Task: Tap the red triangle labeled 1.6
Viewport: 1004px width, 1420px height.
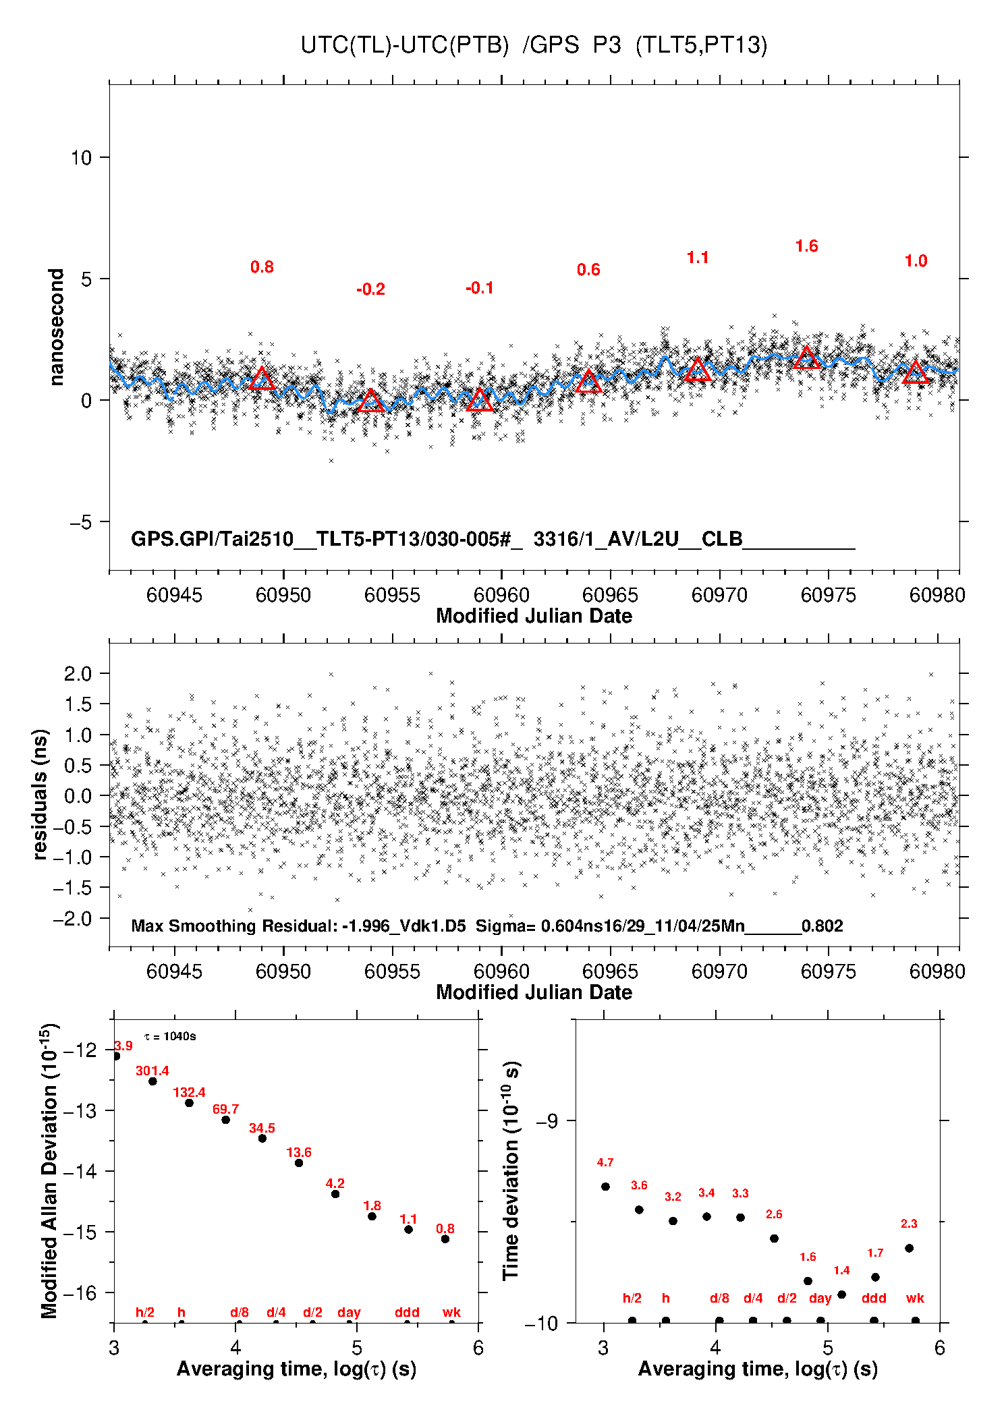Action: tap(807, 358)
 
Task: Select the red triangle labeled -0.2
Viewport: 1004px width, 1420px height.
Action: tap(370, 401)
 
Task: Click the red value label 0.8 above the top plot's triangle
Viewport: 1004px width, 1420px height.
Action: tap(262, 267)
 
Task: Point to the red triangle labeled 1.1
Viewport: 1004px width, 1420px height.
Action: tap(698, 370)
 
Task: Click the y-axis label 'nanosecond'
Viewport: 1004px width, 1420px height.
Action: tap(57, 327)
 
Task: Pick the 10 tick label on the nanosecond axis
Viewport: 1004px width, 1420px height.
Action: tap(81, 158)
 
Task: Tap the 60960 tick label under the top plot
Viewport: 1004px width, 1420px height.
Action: tap(501, 595)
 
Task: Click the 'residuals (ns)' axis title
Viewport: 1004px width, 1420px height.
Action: tap(40, 795)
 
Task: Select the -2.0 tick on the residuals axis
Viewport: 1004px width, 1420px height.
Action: tap(77, 919)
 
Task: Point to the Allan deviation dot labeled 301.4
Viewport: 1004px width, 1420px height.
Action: tap(152, 1081)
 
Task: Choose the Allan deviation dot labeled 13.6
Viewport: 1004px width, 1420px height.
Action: tap(299, 1163)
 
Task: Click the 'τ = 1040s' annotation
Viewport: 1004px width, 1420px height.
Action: tap(170, 1037)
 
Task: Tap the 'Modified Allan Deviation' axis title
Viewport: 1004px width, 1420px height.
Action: tap(49, 1171)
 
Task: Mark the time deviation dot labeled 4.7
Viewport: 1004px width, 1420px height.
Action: tap(605, 1187)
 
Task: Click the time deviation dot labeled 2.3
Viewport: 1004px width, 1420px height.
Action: tap(909, 1248)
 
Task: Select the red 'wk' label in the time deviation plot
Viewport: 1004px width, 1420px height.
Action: tap(915, 1298)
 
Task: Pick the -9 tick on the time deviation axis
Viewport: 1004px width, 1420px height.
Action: tap(547, 1121)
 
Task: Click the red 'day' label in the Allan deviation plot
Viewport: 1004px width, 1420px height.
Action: tap(349, 1312)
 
